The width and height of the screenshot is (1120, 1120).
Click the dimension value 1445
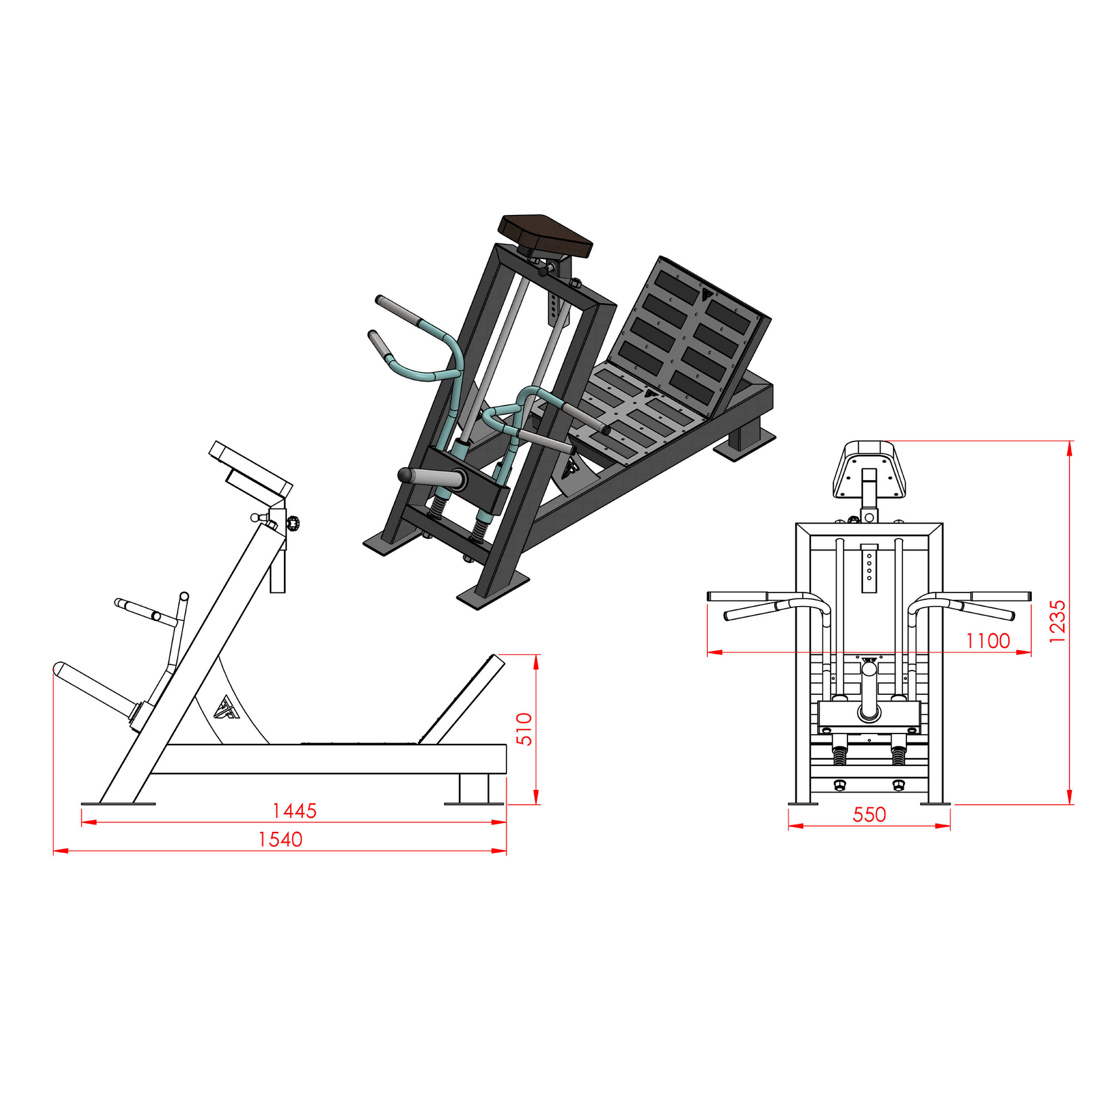(294, 810)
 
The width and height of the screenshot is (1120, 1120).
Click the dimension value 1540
(280, 839)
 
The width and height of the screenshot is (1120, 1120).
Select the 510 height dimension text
(525, 729)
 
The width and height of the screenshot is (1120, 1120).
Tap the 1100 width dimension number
(988, 641)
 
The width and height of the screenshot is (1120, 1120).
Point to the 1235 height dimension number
(1058, 620)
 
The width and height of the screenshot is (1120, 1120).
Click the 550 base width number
(869, 814)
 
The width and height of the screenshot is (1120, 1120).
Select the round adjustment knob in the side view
(294, 522)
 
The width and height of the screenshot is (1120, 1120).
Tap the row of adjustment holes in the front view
(869, 567)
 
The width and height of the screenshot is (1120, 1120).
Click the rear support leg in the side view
(473, 788)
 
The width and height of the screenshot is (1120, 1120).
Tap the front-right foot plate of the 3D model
(493, 588)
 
